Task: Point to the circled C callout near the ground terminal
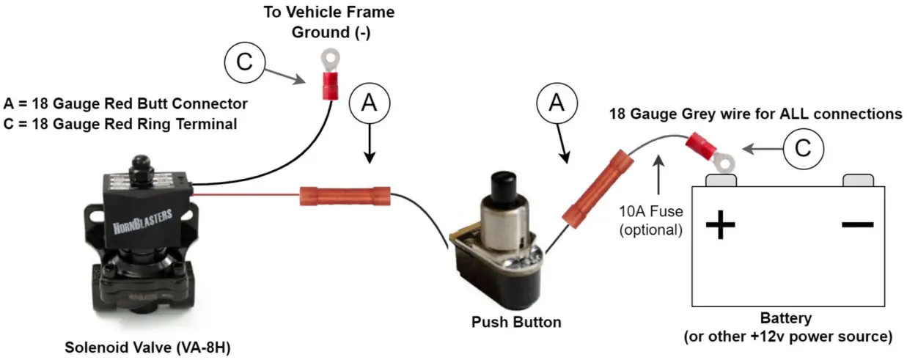coord(243,62)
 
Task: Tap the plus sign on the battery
coord(720,224)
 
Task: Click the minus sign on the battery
coord(857,223)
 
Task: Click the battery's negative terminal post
coord(857,180)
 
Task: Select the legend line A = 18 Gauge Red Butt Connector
coord(125,103)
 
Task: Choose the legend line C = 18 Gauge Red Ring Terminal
coord(120,124)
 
